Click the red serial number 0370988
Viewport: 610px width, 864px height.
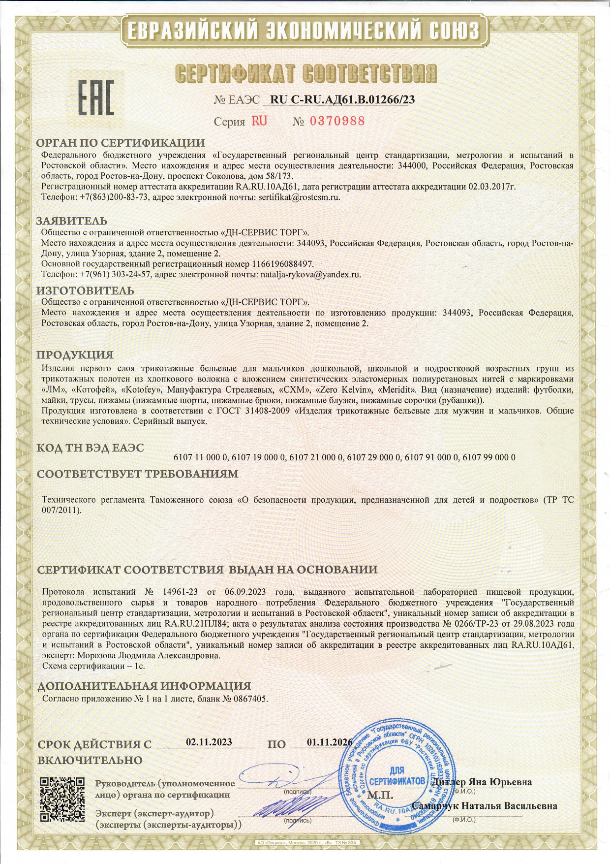coord(337,121)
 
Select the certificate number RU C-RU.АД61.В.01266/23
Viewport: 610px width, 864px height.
coord(342,99)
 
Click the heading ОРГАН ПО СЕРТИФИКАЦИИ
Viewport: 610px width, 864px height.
coord(121,143)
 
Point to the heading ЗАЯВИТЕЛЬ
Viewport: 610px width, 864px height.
coord(72,221)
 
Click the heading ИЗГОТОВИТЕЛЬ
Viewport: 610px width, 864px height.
coord(85,290)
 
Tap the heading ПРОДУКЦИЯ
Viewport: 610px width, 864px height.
coord(75,355)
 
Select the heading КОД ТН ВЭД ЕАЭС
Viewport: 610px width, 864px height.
coord(91,448)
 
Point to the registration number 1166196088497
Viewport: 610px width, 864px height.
coord(282,264)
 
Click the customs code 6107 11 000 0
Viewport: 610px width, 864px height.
coord(201,457)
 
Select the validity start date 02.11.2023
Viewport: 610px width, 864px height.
coord(209,742)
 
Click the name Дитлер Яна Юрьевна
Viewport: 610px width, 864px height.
coord(481,782)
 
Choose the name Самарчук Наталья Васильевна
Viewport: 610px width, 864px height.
coord(484,806)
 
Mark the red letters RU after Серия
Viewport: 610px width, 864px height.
coord(259,121)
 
